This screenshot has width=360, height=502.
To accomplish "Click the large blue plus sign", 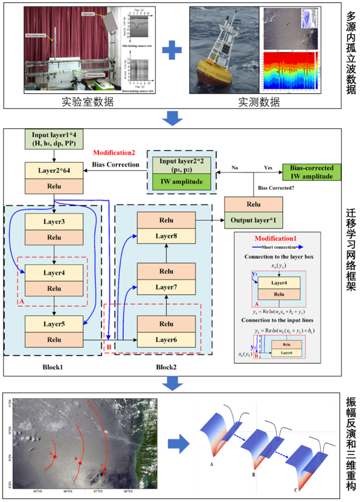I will tap(168, 52).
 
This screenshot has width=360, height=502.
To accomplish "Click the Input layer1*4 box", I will tap(53, 141).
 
